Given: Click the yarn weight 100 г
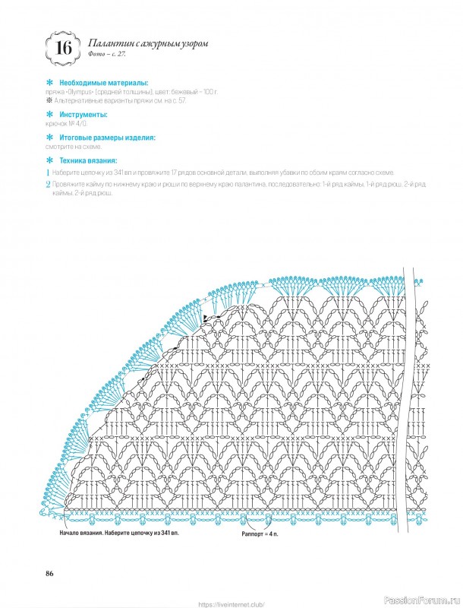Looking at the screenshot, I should point(210,91).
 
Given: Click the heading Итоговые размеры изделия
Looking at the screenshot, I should point(107,138).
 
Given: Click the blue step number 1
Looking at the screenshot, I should point(48,173).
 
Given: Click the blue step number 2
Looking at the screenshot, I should point(48,185).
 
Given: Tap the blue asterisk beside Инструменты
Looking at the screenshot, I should point(50,114).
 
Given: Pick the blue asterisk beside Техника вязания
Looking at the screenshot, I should point(50,161).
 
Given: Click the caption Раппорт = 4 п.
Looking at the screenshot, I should point(263,535).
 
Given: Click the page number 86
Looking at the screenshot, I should point(50,572).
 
